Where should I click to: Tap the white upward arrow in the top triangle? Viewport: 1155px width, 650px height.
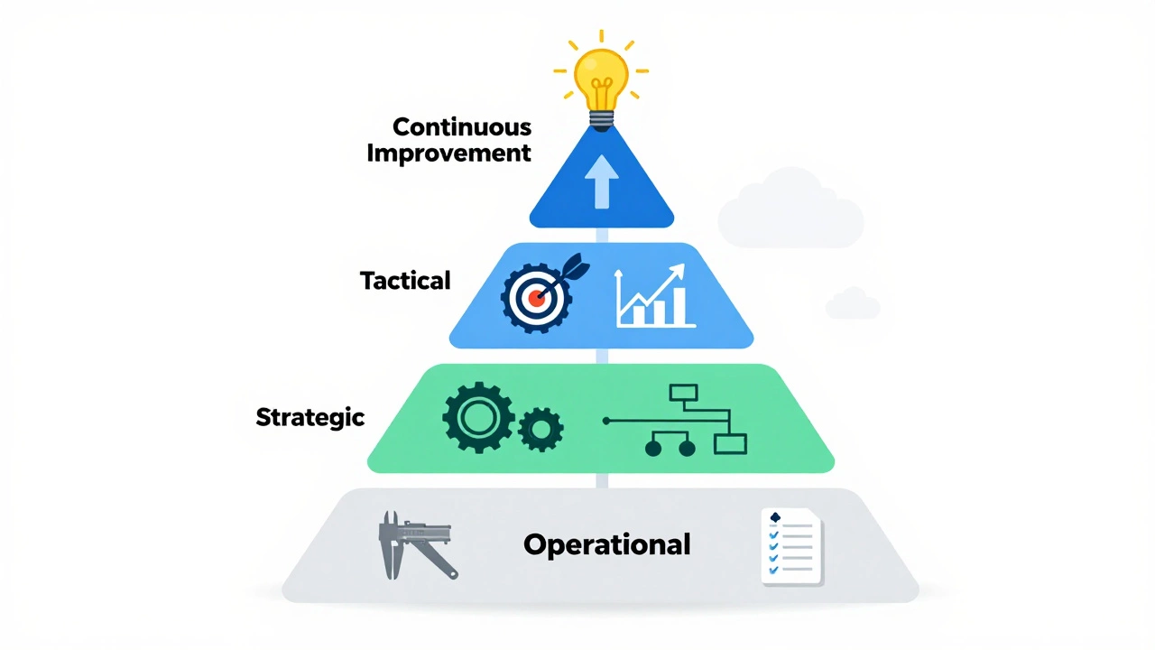point(601,182)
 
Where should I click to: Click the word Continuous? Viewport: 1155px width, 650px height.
point(461,127)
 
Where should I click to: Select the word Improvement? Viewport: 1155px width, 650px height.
point(448,153)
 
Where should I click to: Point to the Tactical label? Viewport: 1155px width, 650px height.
point(405,281)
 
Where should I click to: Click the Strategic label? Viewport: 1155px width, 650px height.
point(310,417)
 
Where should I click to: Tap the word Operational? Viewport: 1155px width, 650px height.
point(607,544)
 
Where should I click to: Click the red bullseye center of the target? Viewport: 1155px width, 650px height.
point(537,298)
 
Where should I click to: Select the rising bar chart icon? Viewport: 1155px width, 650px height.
point(655,296)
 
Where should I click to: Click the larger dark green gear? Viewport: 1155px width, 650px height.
point(478,417)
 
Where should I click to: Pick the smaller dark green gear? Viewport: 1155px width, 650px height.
point(541,429)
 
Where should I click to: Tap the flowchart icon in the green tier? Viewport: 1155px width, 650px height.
point(675,420)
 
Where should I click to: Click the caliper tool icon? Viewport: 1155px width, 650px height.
point(418,545)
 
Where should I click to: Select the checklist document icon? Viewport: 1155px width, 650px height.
point(792,547)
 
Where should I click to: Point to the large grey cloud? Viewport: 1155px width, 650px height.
point(790,208)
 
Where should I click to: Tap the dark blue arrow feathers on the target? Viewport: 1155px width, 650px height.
point(576,266)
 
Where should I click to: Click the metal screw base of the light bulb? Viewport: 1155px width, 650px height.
point(601,121)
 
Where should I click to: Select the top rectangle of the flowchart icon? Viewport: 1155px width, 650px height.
point(683,393)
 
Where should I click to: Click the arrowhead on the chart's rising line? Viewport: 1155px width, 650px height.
point(678,271)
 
